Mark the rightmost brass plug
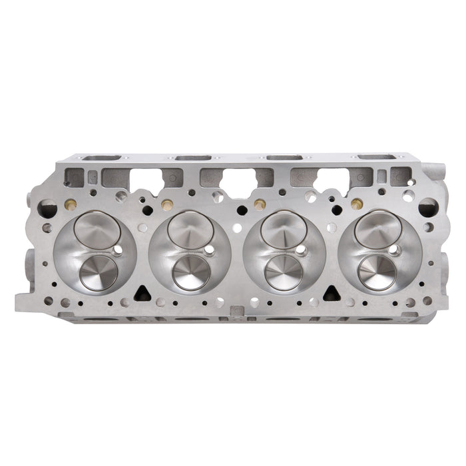tap(356, 203)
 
